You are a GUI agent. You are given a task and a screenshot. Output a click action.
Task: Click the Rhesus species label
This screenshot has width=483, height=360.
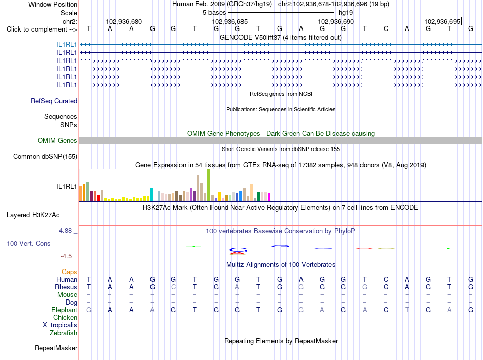66,287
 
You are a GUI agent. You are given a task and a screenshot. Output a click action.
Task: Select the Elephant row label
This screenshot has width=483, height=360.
64,310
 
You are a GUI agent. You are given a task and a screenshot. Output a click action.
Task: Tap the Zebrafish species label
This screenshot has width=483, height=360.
64,333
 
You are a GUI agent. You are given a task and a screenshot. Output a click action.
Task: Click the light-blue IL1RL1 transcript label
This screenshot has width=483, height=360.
67,45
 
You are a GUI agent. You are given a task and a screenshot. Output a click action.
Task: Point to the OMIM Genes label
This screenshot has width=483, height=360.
57,141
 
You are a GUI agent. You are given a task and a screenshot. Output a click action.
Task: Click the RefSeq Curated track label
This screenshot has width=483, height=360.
54,101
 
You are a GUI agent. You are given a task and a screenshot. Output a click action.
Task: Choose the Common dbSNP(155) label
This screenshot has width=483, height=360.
45,157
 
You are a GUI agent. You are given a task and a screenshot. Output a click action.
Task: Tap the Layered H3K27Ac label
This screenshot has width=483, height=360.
33,215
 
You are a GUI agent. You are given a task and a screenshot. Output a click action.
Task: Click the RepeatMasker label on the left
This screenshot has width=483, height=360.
56,348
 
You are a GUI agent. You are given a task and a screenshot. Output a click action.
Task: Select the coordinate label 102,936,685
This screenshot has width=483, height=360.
229,21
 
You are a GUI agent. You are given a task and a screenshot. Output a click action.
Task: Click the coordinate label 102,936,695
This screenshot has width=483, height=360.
442,21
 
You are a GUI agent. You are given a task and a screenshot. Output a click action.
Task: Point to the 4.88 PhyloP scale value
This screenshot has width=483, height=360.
65,231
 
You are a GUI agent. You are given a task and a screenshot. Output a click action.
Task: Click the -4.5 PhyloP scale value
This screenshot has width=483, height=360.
66,256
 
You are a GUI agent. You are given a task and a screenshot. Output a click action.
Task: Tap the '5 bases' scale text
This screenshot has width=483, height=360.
214,13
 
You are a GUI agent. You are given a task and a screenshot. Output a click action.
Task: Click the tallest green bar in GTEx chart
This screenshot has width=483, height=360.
208,185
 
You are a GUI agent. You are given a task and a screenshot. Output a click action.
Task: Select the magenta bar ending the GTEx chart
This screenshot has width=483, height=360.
269,197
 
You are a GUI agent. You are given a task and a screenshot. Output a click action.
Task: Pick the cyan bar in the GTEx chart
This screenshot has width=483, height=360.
152,195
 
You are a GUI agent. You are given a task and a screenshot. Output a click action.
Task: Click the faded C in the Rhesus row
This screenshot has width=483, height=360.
173,287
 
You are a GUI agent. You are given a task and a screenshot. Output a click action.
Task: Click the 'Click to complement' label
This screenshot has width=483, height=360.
42,29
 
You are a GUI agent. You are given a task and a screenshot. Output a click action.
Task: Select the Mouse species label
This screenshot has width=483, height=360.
67,295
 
